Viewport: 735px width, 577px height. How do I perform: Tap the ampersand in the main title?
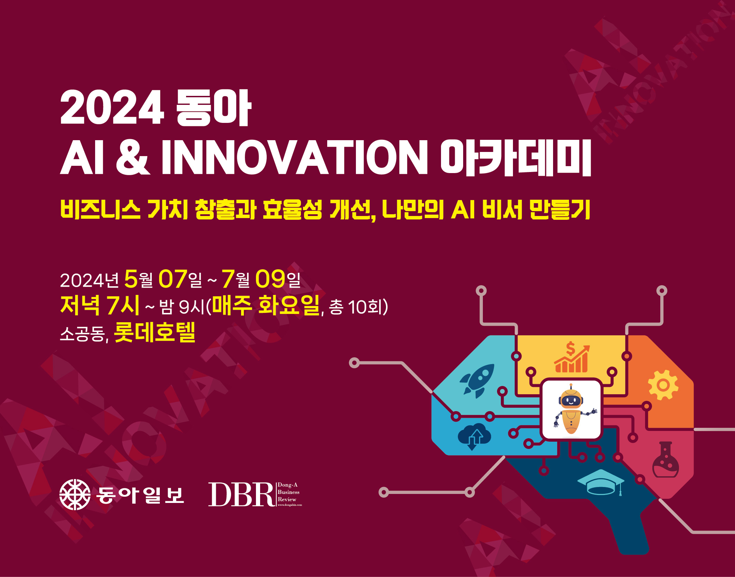[x=133, y=157]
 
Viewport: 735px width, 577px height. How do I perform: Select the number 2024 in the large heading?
[x=112, y=107]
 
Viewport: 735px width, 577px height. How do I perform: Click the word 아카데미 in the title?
[x=515, y=157]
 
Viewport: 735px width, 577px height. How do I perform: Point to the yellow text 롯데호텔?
[x=155, y=332]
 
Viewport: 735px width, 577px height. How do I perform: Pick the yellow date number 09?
[x=270, y=279]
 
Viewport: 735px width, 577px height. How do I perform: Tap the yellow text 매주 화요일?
[x=266, y=305]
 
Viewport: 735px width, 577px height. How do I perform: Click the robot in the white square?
[x=572, y=409]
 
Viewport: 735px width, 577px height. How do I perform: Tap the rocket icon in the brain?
[x=477, y=380]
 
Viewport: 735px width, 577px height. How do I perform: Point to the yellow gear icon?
[x=663, y=385]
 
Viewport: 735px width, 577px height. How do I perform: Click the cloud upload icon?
[x=474, y=436]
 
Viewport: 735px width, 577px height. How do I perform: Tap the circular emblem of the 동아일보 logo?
[x=75, y=495]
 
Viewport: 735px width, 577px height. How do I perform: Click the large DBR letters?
[x=241, y=494]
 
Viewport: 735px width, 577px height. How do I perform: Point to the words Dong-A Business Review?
[x=288, y=492]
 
